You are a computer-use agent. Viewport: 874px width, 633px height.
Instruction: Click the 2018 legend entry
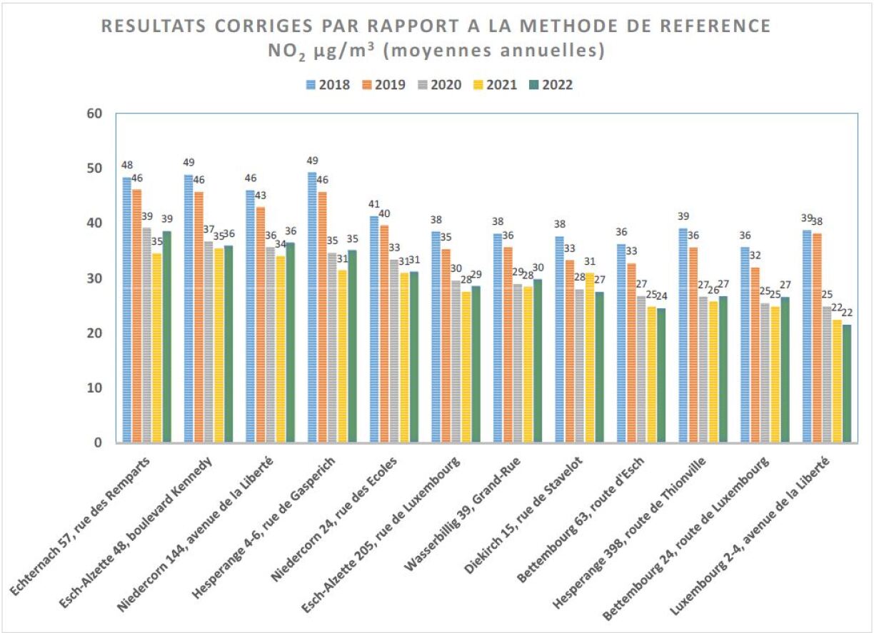328,85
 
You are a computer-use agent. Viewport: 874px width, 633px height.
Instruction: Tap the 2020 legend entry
440,85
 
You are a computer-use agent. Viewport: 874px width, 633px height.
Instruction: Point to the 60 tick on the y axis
94,113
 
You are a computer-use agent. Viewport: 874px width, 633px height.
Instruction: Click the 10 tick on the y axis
94,388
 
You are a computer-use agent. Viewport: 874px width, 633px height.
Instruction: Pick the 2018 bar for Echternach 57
127,310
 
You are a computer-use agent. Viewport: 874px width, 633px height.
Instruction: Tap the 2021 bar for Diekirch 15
589,358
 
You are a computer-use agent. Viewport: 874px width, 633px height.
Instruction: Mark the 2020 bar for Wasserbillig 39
517,363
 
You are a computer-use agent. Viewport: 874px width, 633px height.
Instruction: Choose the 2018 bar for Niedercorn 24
374,329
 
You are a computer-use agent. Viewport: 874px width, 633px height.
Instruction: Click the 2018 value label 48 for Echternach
127,165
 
